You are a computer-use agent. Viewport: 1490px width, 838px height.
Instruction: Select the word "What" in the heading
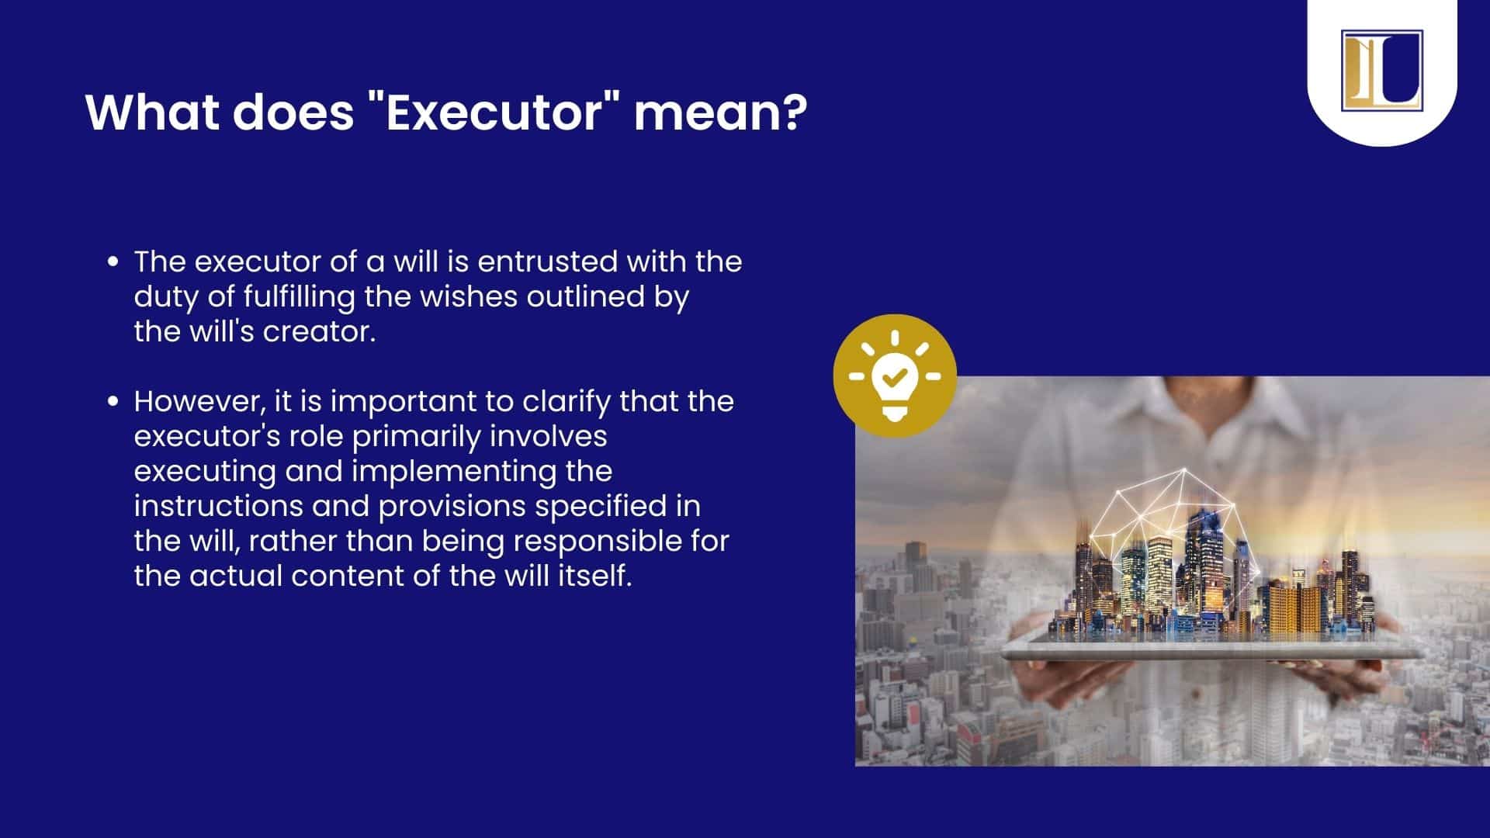(152, 112)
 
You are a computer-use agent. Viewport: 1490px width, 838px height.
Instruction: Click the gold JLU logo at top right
(1381, 71)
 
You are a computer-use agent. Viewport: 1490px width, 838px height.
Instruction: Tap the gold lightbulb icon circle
(895, 376)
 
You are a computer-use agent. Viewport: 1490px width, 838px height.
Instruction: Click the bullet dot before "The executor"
(113, 262)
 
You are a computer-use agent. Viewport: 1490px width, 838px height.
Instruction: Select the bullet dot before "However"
(113, 402)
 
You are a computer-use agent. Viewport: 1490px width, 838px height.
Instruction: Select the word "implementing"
(459, 471)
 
